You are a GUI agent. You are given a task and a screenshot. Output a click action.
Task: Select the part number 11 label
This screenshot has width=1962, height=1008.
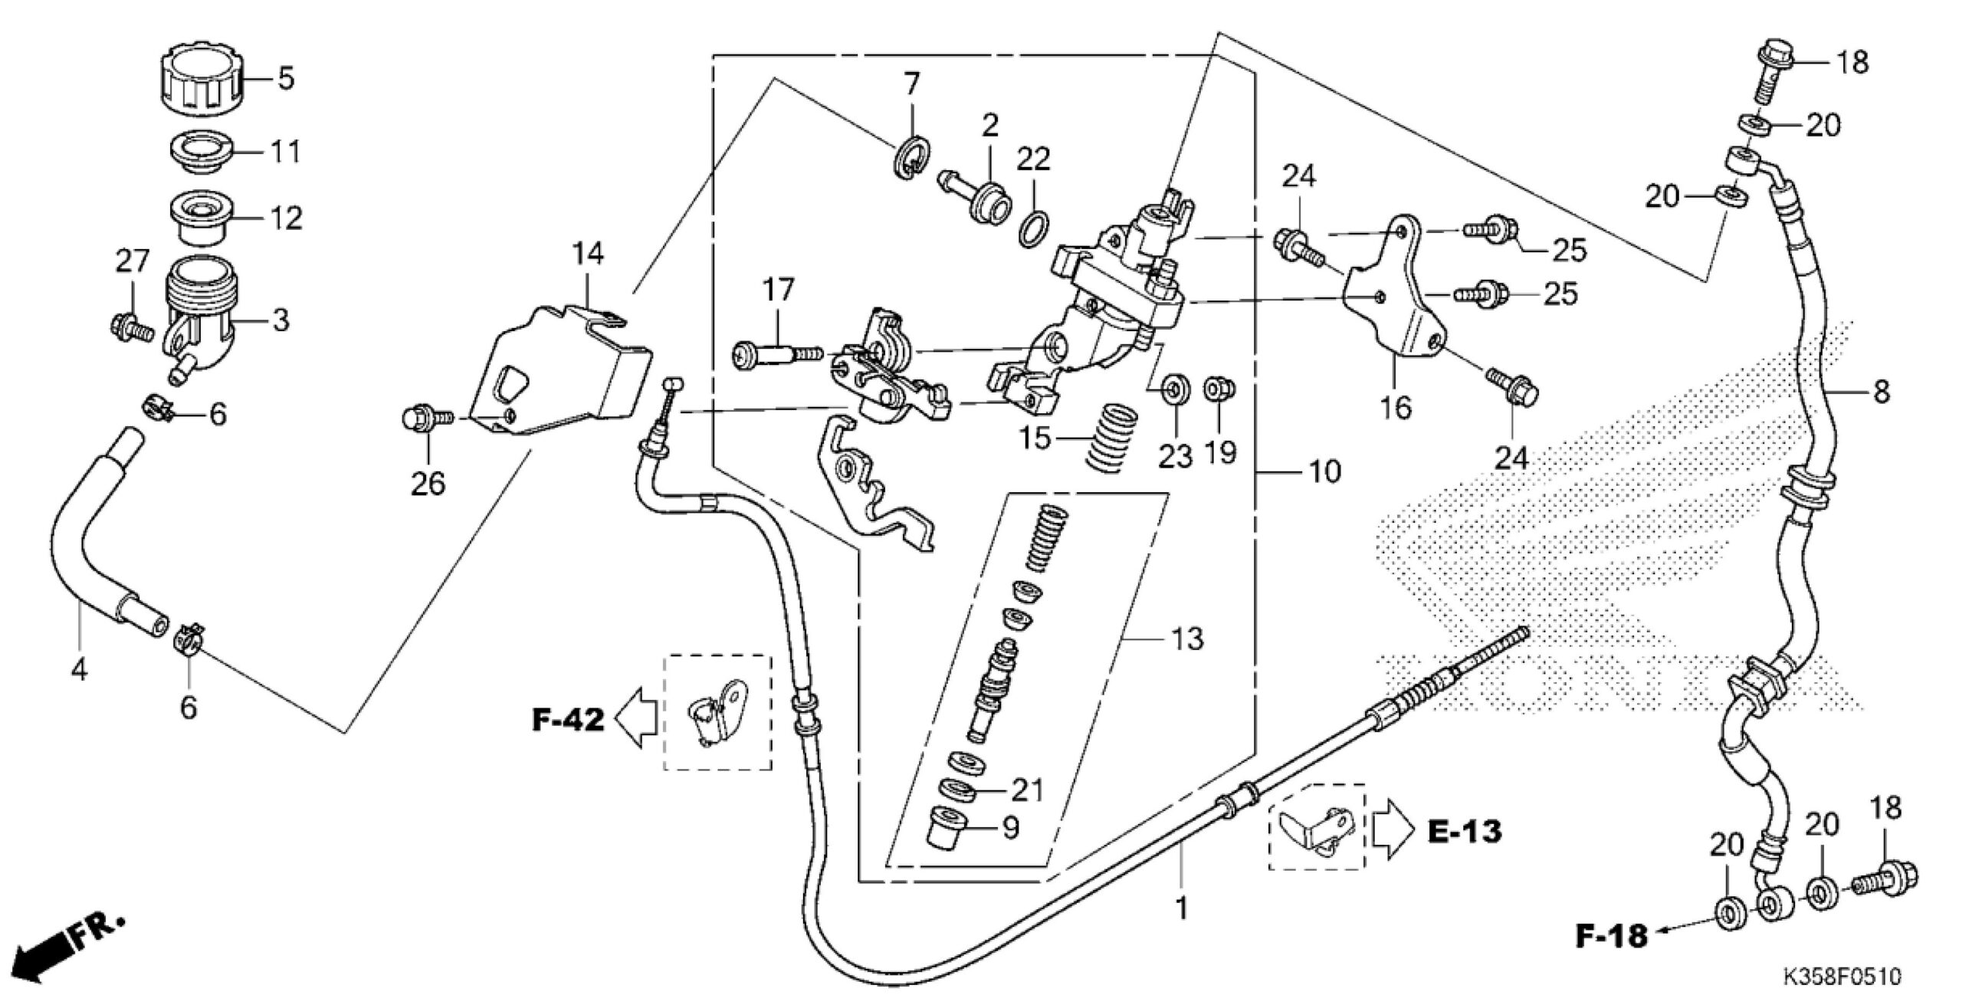(x=286, y=152)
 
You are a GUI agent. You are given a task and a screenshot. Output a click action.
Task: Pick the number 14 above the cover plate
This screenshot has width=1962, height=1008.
(x=588, y=254)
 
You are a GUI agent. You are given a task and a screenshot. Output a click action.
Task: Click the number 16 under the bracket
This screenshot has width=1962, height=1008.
(x=1396, y=408)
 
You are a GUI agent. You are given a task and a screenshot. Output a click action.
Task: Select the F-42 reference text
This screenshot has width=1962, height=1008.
(x=569, y=720)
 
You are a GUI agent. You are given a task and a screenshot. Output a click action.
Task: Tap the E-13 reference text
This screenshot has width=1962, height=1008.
(x=1465, y=831)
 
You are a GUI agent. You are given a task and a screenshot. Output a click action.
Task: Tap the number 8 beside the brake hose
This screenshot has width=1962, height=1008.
(x=1882, y=392)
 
